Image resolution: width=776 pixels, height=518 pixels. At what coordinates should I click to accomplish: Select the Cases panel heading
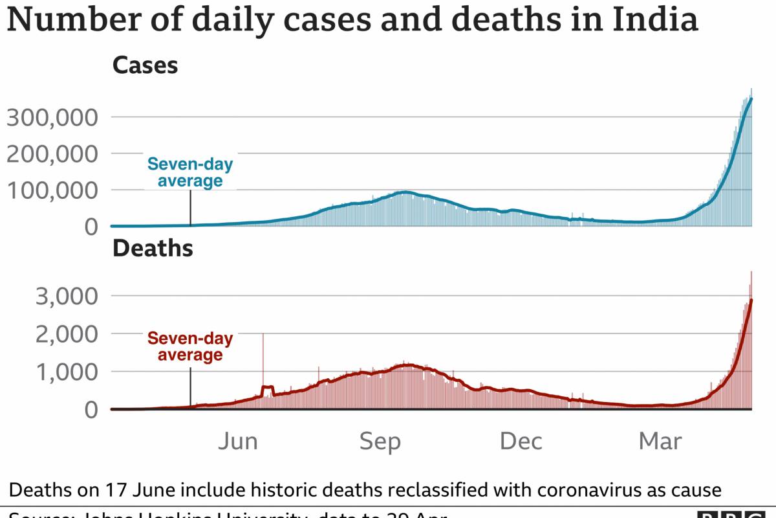point(145,65)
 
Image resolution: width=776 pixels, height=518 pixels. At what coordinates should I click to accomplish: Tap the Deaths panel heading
point(153,249)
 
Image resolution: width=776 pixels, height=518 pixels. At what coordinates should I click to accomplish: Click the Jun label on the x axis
point(237,442)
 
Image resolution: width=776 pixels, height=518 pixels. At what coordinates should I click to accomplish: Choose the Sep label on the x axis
point(380,442)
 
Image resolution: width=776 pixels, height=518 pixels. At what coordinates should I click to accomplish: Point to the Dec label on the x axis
point(521,442)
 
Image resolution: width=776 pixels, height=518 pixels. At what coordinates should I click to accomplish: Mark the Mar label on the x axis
point(660,442)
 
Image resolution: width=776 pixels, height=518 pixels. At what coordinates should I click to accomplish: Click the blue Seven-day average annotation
point(189,172)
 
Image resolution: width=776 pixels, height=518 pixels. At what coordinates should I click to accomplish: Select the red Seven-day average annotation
point(189,346)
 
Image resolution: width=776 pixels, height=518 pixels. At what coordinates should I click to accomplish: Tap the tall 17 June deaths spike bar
point(263,363)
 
